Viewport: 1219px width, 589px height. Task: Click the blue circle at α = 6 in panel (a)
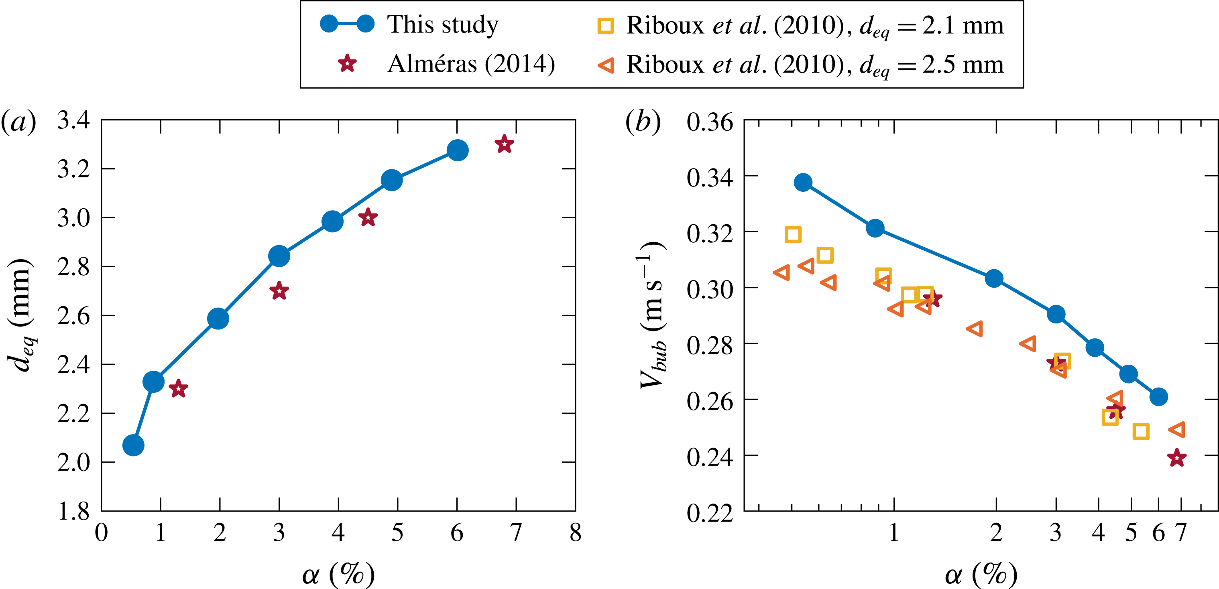click(457, 150)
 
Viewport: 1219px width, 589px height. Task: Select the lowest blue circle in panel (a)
click(133, 445)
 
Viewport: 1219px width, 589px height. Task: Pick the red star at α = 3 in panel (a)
click(279, 291)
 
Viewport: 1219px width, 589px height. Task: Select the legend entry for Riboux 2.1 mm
click(800, 25)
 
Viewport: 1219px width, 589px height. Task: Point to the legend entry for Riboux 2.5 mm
click(800, 64)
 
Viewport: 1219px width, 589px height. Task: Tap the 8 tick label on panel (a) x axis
click(575, 533)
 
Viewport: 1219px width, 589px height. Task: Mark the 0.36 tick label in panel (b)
click(710, 122)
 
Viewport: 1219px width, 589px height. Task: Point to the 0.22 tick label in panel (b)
click(710, 512)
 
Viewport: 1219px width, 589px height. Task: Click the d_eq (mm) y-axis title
click(21, 315)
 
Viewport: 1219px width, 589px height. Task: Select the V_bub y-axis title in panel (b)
click(653, 315)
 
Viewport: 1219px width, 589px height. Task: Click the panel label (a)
click(19, 122)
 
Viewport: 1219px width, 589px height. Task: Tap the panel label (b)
click(643, 122)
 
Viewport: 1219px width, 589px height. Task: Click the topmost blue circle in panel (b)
click(803, 182)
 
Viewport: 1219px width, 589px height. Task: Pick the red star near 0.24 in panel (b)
click(1177, 457)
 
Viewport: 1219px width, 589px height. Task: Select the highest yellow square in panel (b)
click(793, 234)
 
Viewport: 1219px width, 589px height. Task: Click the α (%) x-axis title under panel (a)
click(338, 573)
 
